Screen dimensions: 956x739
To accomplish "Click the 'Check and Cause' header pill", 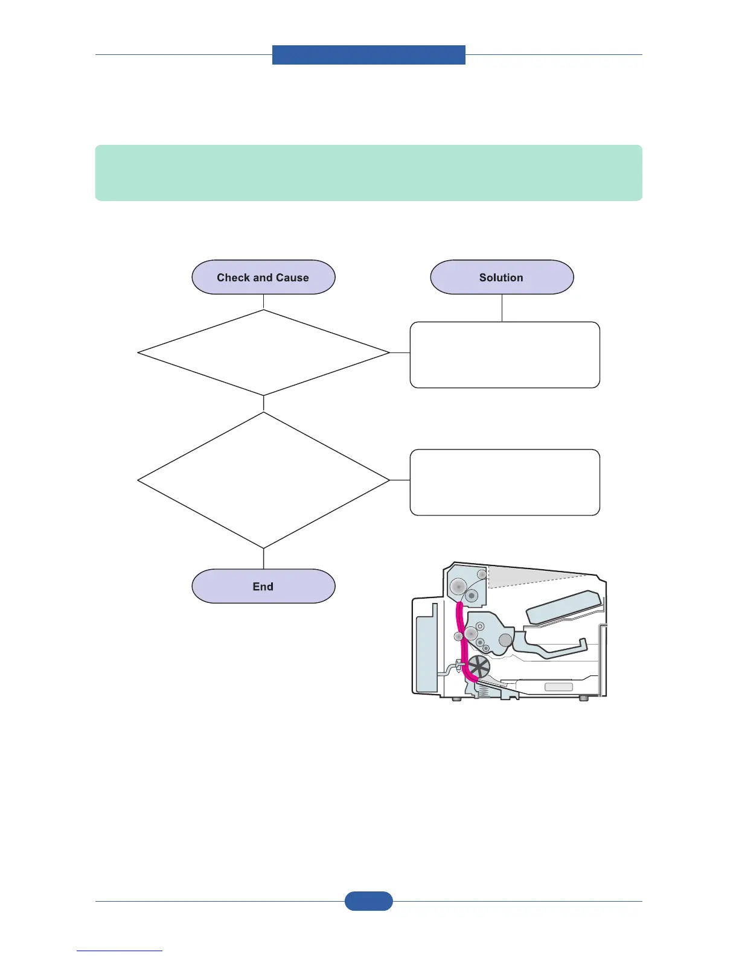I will (x=263, y=278).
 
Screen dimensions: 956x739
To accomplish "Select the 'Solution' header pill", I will (x=502, y=278).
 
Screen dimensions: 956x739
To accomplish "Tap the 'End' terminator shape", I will (x=263, y=586).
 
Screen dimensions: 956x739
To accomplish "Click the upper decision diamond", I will (x=263, y=353).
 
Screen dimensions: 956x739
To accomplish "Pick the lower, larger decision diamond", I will (x=263, y=480).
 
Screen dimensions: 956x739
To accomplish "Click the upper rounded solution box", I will (x=505, y=355).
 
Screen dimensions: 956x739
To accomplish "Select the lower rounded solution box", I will (x=505, y=482).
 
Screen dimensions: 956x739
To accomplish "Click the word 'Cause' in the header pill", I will (x=292, y=278).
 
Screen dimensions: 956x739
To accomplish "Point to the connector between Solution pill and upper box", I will (x=502, y=308).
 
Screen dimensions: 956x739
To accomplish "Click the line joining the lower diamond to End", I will (x=263, y=559).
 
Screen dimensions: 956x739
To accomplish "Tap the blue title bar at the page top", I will (x=368, y=54).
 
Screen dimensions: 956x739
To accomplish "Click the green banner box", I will (x=368, y=173).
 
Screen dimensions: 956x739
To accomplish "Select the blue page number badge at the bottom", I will (x=368, y=901).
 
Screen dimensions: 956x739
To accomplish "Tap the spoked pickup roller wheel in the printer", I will (x=479, y=667).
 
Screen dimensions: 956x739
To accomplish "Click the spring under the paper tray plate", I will (x=482, y=693).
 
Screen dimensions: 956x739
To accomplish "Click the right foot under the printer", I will (x=583, y=698).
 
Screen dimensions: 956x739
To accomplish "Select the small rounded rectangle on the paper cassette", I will (x=558, y=687).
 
